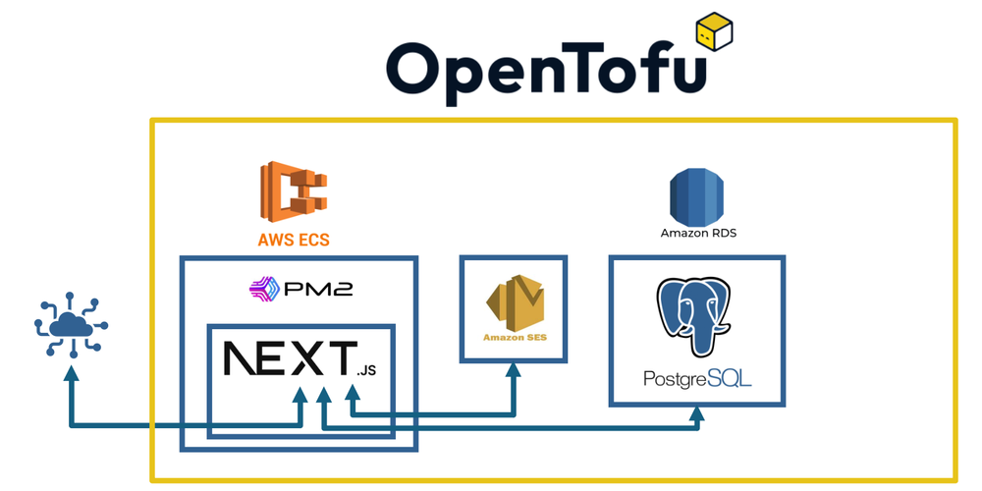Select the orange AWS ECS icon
[x=293, y=191]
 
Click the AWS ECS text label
[x=293, y=240]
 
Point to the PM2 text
[x=316, y=290]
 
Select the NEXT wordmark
[x=291, y=359]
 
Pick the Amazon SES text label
[x=514, y=339]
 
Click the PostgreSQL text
[x=697, y=378]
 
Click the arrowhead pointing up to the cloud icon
[x=71, y=372]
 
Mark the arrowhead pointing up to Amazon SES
[x=514, y=369]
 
